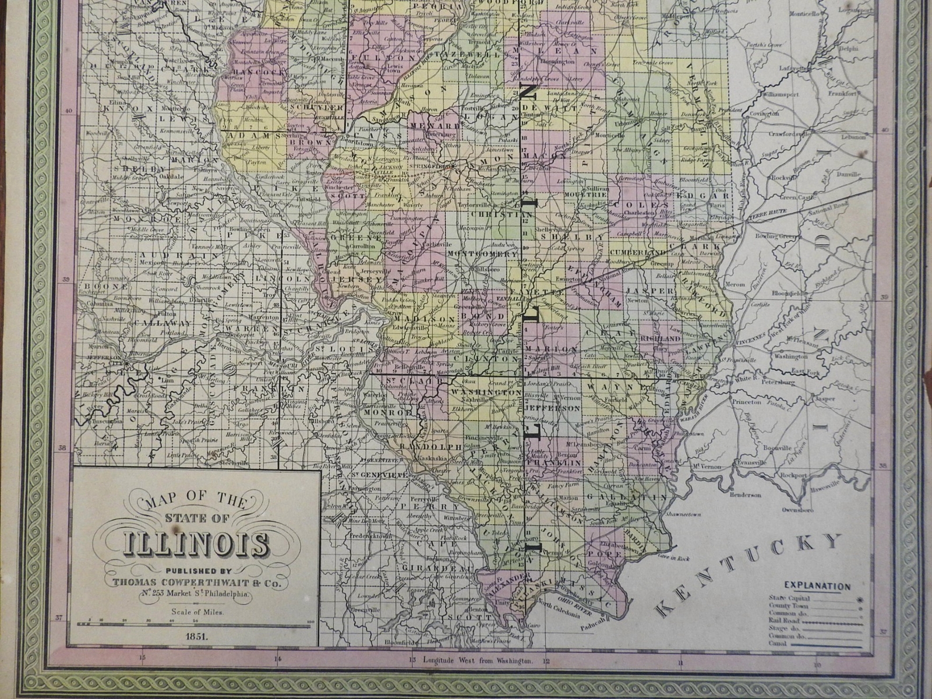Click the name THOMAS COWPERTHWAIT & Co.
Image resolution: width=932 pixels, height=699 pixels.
(x=193, y=582)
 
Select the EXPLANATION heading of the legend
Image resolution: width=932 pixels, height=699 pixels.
(x=817, y=587)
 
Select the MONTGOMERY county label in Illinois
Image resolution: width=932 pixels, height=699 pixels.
(x=483, y=254)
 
